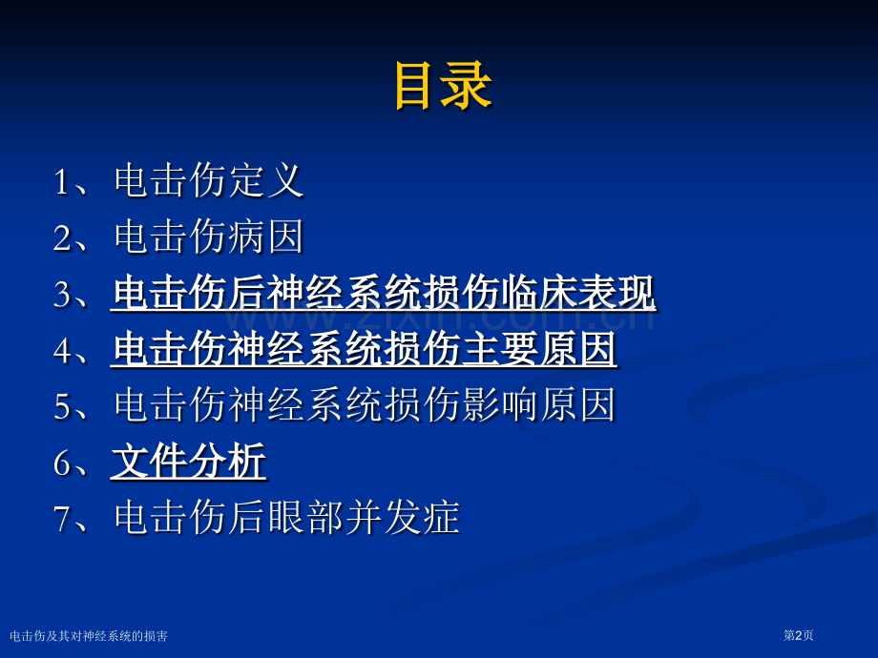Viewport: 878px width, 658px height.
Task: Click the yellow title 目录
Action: tap(443, 85)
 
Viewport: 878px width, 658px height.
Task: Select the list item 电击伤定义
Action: tap(209, 181)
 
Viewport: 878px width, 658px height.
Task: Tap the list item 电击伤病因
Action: tap(209, 236)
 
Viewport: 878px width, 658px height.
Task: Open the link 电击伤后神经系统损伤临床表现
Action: tap(384, 293)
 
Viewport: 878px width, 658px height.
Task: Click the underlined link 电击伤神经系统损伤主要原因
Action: tap(365, 349)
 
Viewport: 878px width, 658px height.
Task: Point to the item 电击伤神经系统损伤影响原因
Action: tap(365, 405)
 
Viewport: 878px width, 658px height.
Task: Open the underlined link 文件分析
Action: tap(189, 462)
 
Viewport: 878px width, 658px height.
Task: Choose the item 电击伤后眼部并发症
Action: tap(286, 518)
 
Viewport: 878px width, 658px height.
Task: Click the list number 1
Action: tap(61, 182)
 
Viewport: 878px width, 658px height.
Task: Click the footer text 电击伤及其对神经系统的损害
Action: tap(89, 636)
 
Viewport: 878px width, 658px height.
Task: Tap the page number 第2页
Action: tap(798, 635)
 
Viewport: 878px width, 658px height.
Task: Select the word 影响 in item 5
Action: tap(500, 405)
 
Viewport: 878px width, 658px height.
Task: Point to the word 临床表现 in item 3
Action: tap(579, 293)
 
